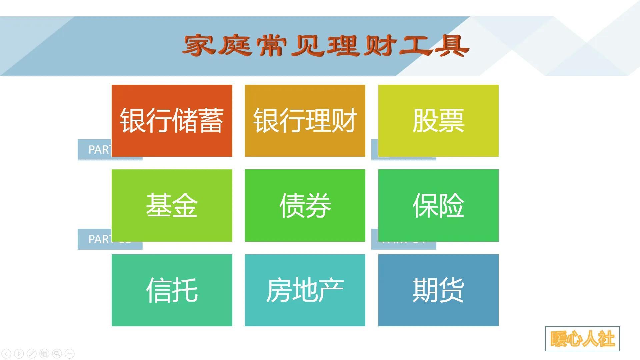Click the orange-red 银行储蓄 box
(172, 120)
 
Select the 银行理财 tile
(305, 120)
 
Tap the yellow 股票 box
(438, 120)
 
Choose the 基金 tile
(172, 205)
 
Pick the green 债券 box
(305, 205)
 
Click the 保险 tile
(438, 205)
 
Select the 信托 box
(172, 290)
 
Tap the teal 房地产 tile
(305, 290)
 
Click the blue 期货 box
(438, 290)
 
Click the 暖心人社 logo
(582, 339)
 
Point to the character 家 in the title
(199, 46)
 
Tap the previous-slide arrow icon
(7, 353)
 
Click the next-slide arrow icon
(19, 353)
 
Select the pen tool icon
(32, 353)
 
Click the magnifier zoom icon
(57, 353)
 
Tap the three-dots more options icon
(70, 353)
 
